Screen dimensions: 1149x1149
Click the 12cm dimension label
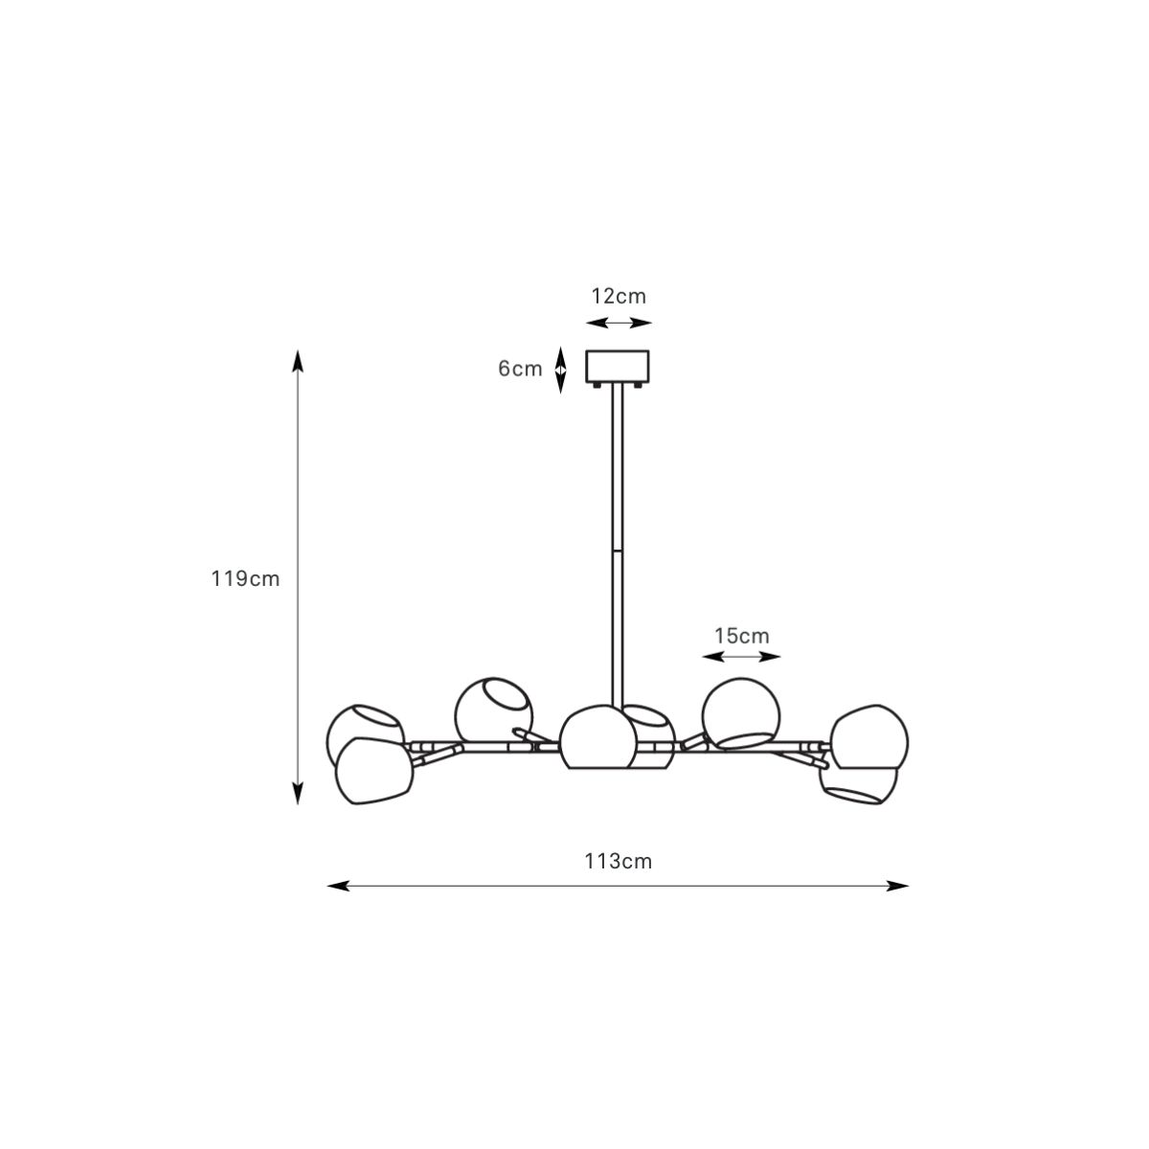619,296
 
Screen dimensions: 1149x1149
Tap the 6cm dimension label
520,369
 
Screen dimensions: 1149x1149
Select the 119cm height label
245,578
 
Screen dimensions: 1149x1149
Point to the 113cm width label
618,862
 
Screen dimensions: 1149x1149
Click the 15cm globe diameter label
742,636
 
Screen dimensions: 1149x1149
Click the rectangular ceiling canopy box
618,366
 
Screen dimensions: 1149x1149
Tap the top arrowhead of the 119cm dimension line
298,361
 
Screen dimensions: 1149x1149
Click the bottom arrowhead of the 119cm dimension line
298,794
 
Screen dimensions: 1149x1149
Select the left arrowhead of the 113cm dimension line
338,886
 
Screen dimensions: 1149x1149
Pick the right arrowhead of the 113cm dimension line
897,886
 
